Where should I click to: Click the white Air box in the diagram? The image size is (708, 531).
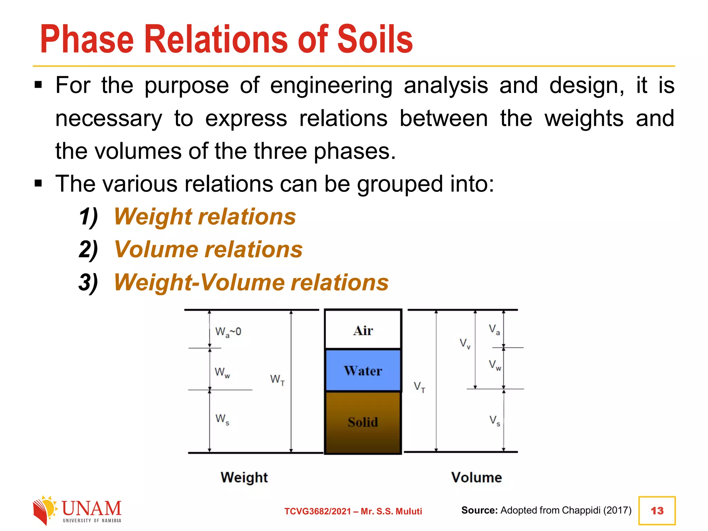click(363, 330)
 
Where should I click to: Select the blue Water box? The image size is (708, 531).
click(363, 371)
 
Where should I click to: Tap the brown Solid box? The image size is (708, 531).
click(363, 422)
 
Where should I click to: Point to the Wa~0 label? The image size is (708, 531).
click(228, 332)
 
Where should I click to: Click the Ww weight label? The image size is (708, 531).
click(222, 373)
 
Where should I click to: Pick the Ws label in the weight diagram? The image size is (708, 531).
click(222, 419)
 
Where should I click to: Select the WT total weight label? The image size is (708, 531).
click(277, 380)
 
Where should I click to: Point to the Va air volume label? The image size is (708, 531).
click(494, 329)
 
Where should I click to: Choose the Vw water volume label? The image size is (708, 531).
click(495, 365)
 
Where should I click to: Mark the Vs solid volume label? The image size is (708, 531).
click(495, 421)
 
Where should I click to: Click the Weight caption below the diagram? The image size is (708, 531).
click(244, 477)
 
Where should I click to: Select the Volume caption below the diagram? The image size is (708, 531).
click(476, 477)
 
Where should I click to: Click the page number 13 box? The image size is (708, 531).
click(657, 511)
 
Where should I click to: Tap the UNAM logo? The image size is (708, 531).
click(77, 510)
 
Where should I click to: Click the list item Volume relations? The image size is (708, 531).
click(208, 250)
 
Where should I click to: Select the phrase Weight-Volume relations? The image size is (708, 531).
click(251, 282)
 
